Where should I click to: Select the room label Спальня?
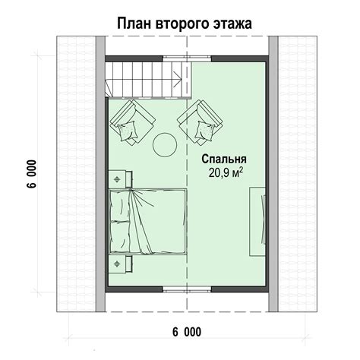(x=224, y=160)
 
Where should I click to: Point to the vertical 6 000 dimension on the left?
(x=33, y=174)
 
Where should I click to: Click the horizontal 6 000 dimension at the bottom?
(x=187, y=332)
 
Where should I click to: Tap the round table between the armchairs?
(x=165, y=145)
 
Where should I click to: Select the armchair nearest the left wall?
(x=133, y=122)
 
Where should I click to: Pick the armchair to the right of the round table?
(x=201, y=122)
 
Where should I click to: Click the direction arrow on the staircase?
(x=177, y=79)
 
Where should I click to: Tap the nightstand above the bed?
(x=120, y=179)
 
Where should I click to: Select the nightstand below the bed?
(x=120, y=264)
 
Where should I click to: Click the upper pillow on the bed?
(x=119, y=206)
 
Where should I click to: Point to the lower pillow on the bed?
(x=120, y=236)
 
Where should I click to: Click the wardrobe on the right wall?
(x=257, y=222)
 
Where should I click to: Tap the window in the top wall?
(x=187, y=58)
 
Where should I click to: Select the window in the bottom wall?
(x=187, y=289)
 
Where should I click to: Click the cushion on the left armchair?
(x=128, y=131)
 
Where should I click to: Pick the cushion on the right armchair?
(x=205, y=131)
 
